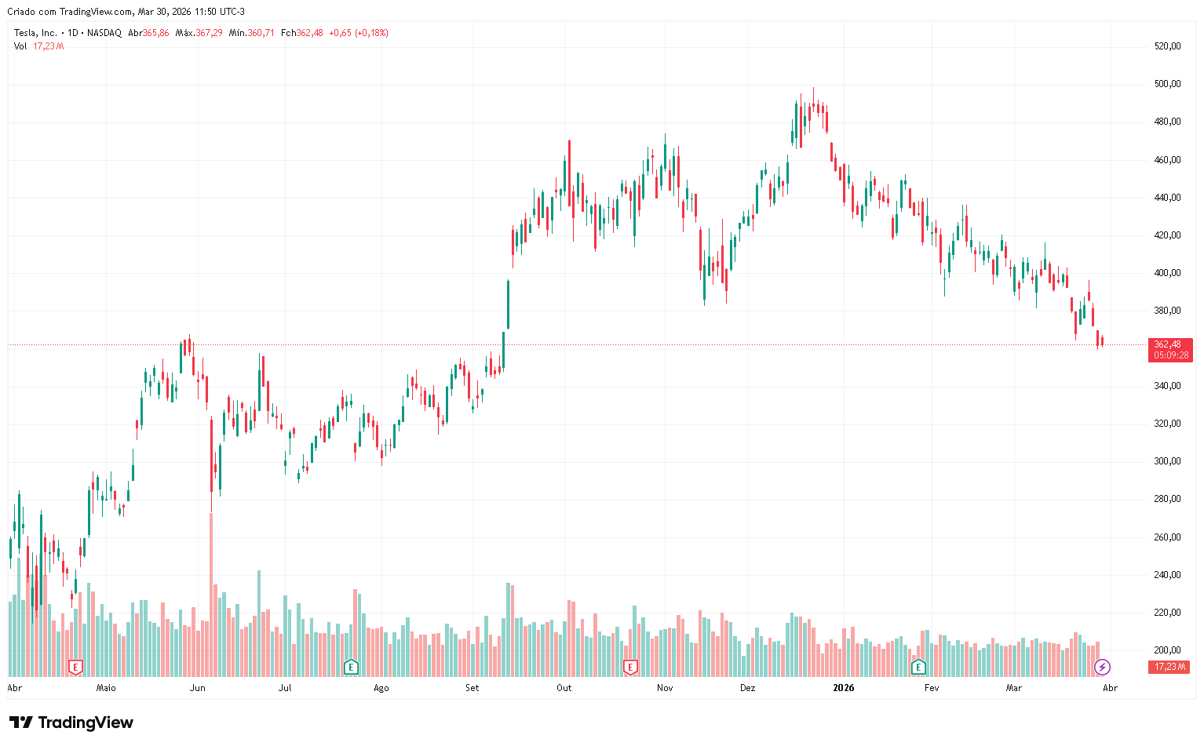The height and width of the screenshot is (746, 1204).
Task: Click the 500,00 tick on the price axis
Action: (x=1167, y=84)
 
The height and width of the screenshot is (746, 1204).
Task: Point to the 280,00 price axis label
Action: (x=1167, y=499)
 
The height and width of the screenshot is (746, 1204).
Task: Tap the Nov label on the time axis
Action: (x=665, y=688)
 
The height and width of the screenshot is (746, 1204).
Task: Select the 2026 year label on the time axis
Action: (x=844, y=688)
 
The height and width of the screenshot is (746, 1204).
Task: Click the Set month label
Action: (x=472, y=688)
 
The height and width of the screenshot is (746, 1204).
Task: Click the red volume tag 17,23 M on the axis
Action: (x=1169, y=667)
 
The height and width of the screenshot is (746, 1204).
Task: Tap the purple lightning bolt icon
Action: (x=1103, y=668)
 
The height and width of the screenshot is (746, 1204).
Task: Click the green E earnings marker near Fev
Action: (x=918, y=668)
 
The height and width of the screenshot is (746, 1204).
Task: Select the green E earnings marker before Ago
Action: (x=351, y=668)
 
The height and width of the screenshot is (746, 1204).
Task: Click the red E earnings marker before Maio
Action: (x=75, y=668)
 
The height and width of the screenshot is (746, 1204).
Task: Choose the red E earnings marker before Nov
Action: (x=629, y=668)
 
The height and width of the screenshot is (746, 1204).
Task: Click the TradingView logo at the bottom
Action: (x=71, y=722)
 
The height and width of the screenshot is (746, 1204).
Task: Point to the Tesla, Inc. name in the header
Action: (x=35, y=33)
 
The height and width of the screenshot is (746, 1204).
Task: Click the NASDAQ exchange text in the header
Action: (x=104, y=33)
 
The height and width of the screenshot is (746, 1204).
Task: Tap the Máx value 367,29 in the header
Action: (x=209, y=33)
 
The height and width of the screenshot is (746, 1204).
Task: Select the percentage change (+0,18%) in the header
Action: (x=371, y=33)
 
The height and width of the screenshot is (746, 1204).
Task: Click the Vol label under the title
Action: (x=20, y=46)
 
